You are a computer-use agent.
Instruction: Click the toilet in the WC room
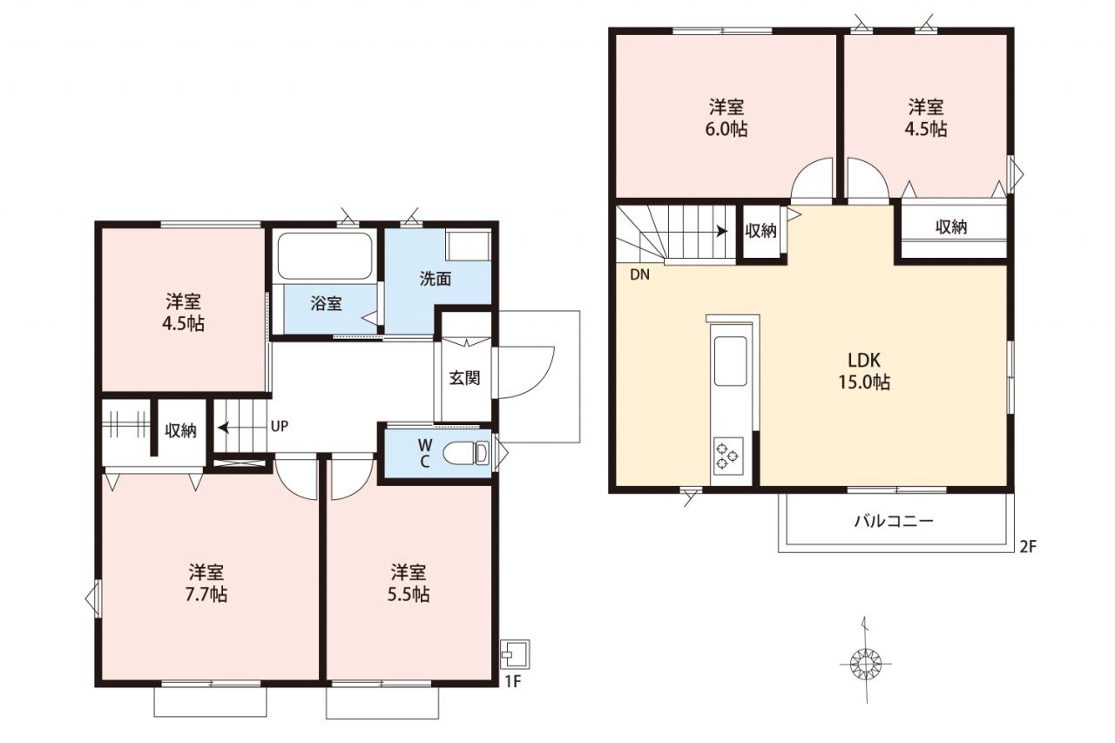(x=466, y=453)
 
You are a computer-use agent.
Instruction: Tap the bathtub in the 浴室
(x=325, y=256)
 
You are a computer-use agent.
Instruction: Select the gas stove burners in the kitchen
(x=728, y=456)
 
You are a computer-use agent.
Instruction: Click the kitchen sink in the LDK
(x=730, y=361)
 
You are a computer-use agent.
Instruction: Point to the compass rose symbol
(x=866, y=663)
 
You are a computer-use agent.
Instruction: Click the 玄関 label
(x=464, y=378)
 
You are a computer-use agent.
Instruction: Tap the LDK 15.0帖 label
(x=865, y=371)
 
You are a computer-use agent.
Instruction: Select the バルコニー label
(x=894, y=521)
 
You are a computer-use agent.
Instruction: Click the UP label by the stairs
(x=280, y=426)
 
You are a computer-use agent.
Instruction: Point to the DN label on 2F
(x=639, y=274)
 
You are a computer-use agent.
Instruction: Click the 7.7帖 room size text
(x=206, y=594)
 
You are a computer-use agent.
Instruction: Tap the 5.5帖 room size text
(x=409, y=594)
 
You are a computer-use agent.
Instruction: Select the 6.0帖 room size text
(x=726, y=129)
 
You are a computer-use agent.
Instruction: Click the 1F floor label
(x=513, y=681)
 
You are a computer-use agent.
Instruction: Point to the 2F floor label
(x=1029, y=547)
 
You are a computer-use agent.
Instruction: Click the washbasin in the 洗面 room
(x=468, y=245)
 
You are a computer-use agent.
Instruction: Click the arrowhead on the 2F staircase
(x=722, y=231)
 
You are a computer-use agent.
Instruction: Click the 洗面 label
(x=435, y=280)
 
